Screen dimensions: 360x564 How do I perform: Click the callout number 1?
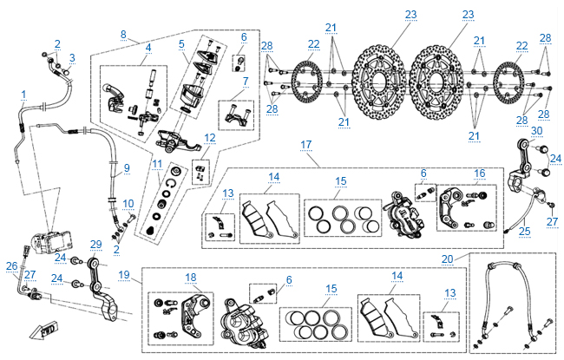pos(24,94)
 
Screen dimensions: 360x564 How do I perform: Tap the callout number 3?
pos(72,58)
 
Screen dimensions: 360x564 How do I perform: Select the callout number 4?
pos(148,47)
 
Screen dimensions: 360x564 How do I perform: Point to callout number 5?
pos(181,43)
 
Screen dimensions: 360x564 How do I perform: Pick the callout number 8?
pos(124,35)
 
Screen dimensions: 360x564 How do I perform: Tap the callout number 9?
pos(127,167)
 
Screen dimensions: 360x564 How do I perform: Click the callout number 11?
pos(157,163)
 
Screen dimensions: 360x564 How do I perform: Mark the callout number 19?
pos(124,275)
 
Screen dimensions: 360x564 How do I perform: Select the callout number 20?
pos(447,258)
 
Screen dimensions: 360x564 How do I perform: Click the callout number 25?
pos(524,231)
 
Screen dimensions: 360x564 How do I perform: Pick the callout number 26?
pos(11,265)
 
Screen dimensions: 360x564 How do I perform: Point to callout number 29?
pos(96,245)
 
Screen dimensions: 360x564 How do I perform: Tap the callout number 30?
pos(536,130)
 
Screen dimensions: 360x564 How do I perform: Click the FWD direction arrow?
pos(40,330)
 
